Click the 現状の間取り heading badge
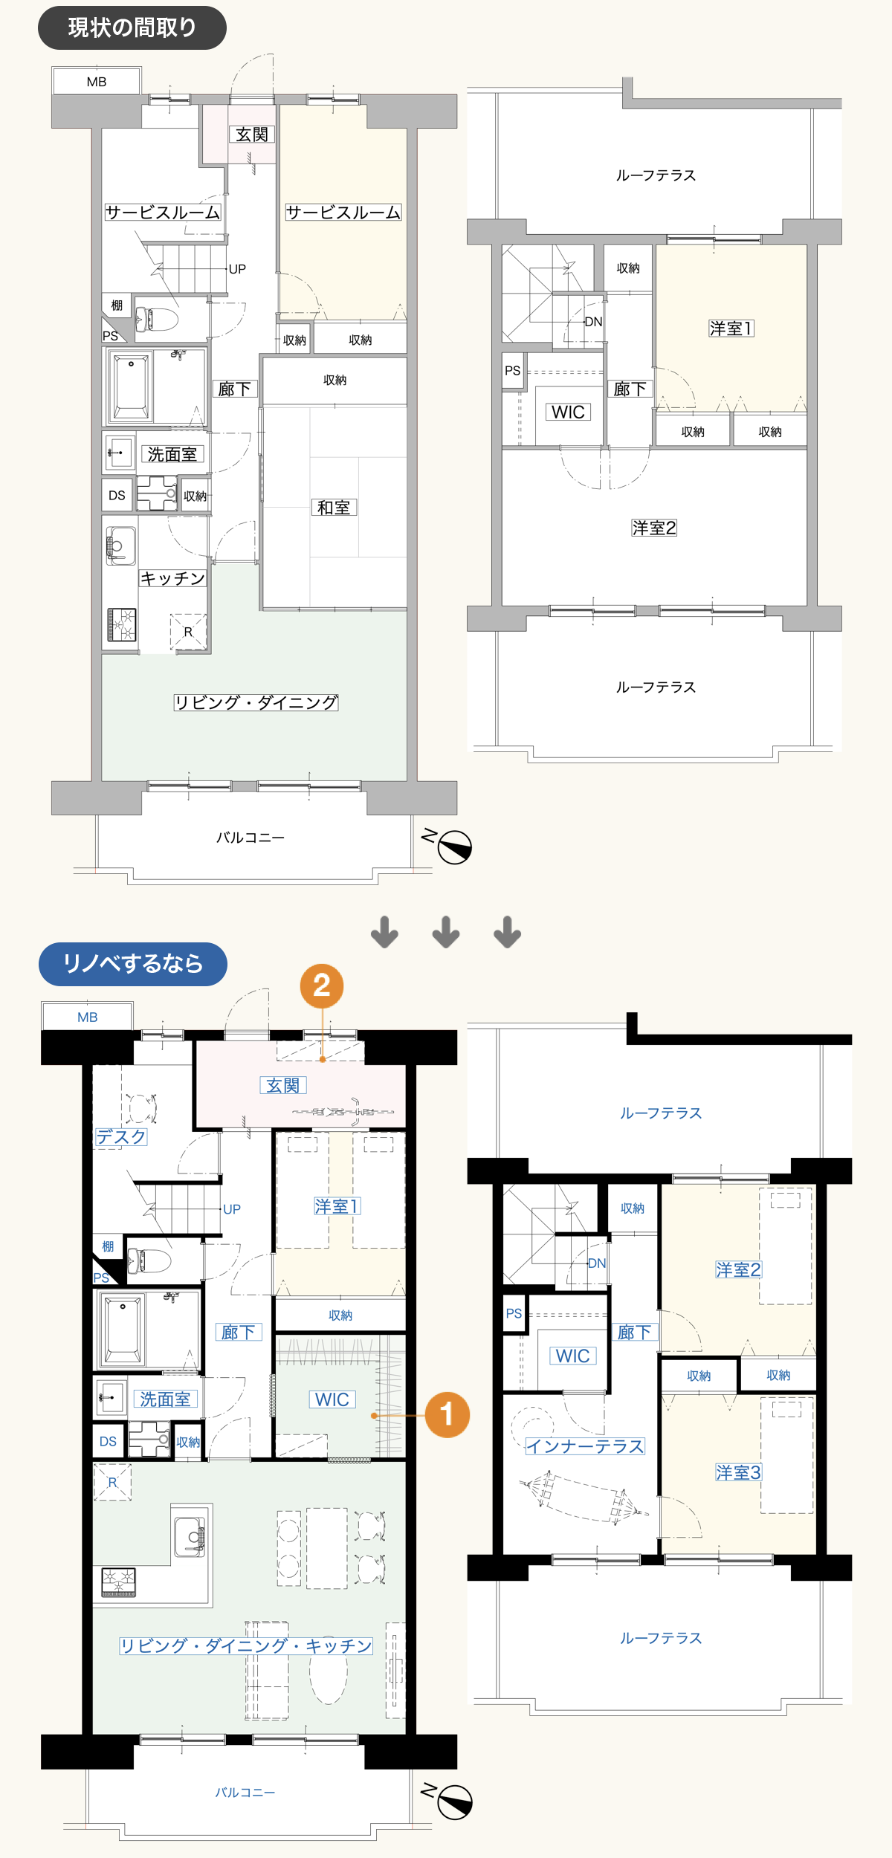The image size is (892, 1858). [132, 28]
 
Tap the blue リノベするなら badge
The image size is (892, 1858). [133, 964]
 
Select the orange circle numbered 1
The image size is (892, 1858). [447, 1415]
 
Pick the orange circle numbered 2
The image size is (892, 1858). [322, 986]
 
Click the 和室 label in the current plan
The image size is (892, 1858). [334, 508]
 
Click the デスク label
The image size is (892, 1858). [121, 1137]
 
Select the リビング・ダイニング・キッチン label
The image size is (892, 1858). [246, 1646]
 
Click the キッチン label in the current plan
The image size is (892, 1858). [172, 578]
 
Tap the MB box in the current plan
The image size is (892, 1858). [96, 81]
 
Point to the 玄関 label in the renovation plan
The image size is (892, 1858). [283, 1085]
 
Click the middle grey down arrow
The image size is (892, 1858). [446, 932]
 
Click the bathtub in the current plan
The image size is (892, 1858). [131, 386]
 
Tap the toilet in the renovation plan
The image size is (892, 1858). [149, 1260]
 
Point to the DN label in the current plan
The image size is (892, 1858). [593, 322]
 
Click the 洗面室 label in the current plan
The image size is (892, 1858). [172, 454]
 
